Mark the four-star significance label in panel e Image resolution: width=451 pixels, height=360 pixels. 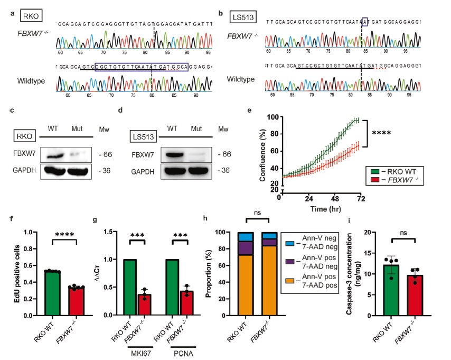point(382,133)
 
